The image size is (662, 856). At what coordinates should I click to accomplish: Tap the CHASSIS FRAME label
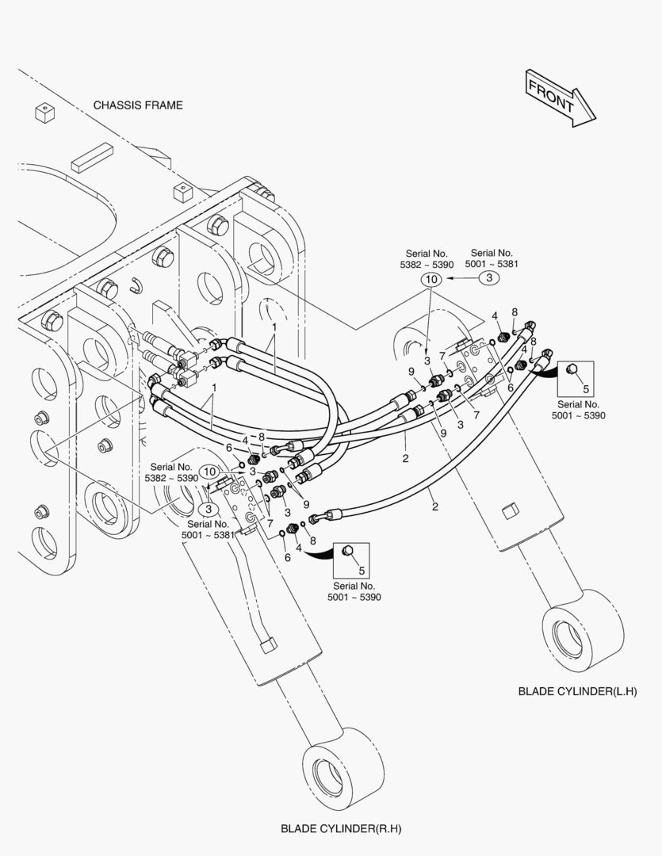tap(138, 105)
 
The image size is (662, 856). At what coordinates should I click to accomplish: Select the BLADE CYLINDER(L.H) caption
tap(577, 691)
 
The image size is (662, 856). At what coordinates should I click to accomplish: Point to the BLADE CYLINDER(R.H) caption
tap(341, 829)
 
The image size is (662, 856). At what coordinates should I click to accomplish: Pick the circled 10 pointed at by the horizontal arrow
tap(430, 279)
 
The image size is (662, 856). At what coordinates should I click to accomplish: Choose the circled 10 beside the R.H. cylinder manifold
tap(209, 472)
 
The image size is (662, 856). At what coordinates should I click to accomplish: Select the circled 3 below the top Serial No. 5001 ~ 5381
tap(489, 278)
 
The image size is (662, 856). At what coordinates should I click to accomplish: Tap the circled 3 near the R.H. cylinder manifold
tap(207, 509)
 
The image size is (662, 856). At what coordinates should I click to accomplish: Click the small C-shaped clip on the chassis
tap(136, 284)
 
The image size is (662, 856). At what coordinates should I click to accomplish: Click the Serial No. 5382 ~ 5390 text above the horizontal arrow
tap(427, 258)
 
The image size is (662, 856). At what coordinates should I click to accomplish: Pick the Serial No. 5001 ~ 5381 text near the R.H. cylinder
tap(209, 529)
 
